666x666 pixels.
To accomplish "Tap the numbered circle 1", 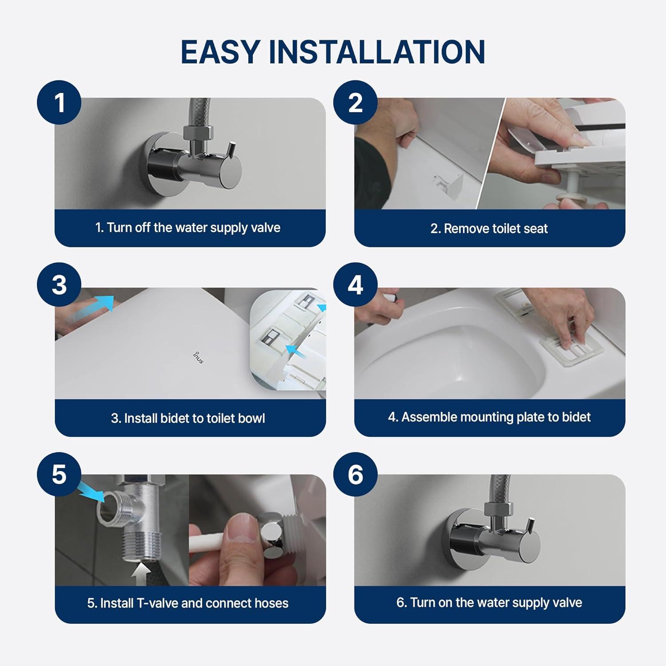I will (x=59, y=103).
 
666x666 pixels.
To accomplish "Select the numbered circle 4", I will (x=355, y=285).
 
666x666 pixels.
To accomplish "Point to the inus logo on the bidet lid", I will (x=198, y=357).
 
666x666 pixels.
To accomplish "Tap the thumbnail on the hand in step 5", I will (x=242, y=526).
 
